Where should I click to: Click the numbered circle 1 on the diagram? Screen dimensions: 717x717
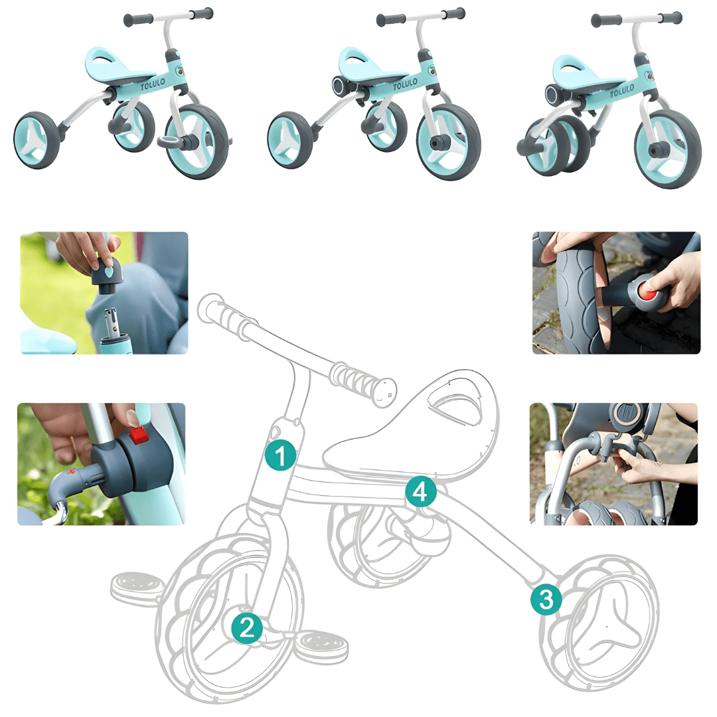pyautogui.click(x=280, y=455)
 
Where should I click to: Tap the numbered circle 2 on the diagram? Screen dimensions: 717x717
pyautogui.click(x=247, y=627)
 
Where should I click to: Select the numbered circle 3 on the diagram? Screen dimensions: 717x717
pyautogui.click(x=546, y=599)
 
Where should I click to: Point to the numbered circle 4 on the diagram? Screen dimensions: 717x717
pyautogui.click(x=421, y=491)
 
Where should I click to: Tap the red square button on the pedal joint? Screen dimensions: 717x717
pyautogui.click(x=139, y=435)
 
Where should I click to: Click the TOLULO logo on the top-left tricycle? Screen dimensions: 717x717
pyautogui.click(x=153, y=84)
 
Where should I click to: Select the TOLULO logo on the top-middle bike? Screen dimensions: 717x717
pyautogui.click(x=405, y=84)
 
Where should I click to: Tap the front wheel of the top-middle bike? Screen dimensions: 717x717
pyautogui.click(x=449, y=142)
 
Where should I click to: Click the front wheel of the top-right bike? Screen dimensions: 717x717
pyautogui.click(x=668, y=149)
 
